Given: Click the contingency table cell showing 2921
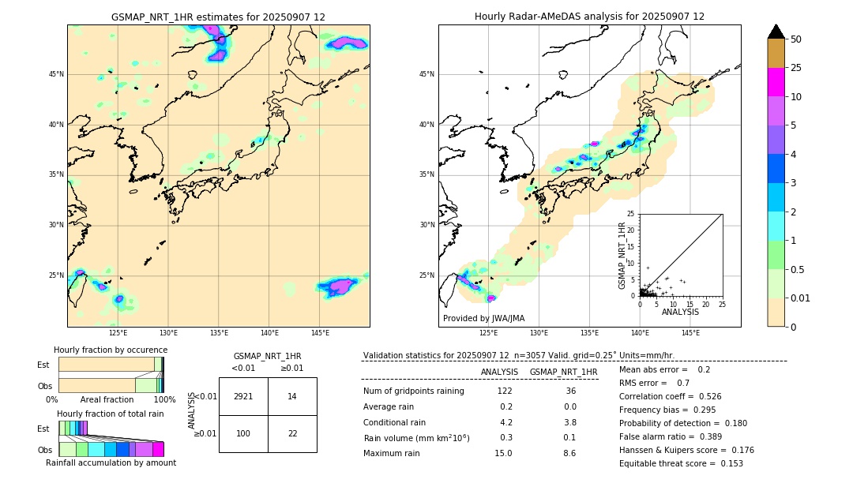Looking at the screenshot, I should click(243, 396).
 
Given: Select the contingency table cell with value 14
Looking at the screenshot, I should click(292, 396).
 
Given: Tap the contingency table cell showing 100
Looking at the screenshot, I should click(243, 434).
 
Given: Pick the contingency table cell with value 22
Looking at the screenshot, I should click(292, 434).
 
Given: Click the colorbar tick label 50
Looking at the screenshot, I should click(796, 39).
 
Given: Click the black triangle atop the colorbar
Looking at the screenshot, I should click(776, 32).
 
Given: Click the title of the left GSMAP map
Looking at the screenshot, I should click(218, 17).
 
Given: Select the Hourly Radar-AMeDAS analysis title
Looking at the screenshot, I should click(589, 17).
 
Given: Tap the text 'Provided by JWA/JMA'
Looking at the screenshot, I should click(483, 319).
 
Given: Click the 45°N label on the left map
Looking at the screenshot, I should click(56, 74).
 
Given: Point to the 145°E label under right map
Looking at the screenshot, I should click(690, 334).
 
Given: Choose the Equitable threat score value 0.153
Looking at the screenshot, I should click(731, 464).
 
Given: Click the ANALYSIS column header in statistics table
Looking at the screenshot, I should click(499, 372).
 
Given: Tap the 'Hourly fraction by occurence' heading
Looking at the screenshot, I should click(111, 350).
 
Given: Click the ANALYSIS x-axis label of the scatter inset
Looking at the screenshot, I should click(680, 313).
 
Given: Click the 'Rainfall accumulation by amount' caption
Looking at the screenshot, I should click(111, 462).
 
